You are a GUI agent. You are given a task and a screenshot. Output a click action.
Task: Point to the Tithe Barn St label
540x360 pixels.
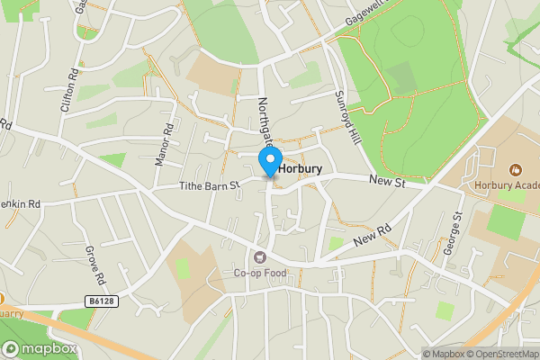click(208, 186)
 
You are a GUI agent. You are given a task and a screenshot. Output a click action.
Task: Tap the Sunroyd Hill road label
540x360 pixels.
click(346, 114)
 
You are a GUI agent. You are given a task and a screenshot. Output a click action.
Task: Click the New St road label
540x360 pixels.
click(389, 183)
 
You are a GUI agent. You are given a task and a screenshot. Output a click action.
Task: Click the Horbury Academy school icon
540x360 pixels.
click(515, 169)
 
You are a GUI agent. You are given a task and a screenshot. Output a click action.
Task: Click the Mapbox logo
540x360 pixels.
click(40, 348)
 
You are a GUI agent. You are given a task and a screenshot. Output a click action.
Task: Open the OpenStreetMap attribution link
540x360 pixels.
click(499, 354)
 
